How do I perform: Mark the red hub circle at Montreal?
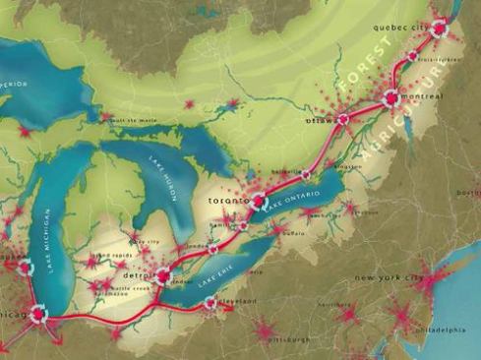coord(391,97)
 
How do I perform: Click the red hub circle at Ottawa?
coord(342,119)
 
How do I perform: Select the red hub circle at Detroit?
coord(162,277)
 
